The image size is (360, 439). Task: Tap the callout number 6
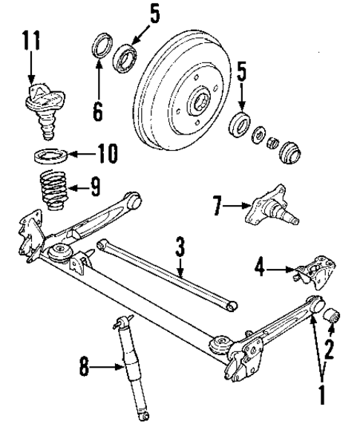(98, 111)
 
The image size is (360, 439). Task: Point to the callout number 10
(108, 155)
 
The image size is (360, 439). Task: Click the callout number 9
(94, 186)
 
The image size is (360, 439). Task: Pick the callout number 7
(217, 204)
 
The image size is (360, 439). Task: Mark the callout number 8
(86, 365)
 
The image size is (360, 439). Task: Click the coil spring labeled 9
(51, 192)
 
